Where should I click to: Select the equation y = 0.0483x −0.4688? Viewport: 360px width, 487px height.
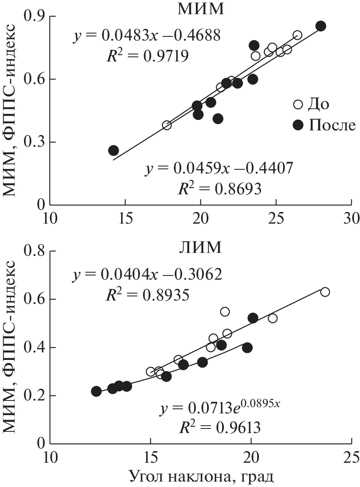pyautogui.click(x=147, y=37)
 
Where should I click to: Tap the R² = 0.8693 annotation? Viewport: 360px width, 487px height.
pyautogui.click(x=220, y=189)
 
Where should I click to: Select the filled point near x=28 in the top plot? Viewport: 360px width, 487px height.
pyautogui.click(x=321, y=26)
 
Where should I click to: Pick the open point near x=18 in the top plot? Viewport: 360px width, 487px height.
pyautogui.click(x=167, y=125)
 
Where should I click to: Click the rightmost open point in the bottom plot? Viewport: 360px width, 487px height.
pyautogui.click(x=325, y=292)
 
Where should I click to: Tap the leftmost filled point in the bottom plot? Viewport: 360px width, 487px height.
pyautogui.click(x=96, y=391)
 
